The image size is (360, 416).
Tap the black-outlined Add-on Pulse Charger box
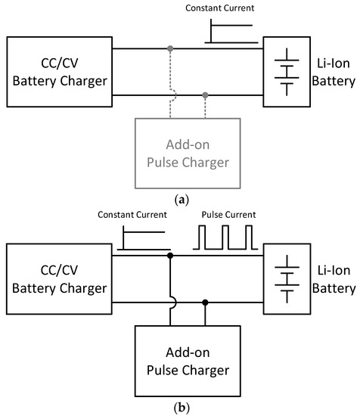tap(187, 361)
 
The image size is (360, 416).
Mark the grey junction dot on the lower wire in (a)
tap(205, 95)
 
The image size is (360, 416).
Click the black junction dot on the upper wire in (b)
tap(170, 256)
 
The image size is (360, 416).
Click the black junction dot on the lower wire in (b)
tap(205, 303)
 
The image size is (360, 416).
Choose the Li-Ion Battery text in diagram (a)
tap(334, 73)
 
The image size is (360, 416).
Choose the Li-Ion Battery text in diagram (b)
tap(334, 280)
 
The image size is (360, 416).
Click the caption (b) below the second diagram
tap(179, 407)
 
